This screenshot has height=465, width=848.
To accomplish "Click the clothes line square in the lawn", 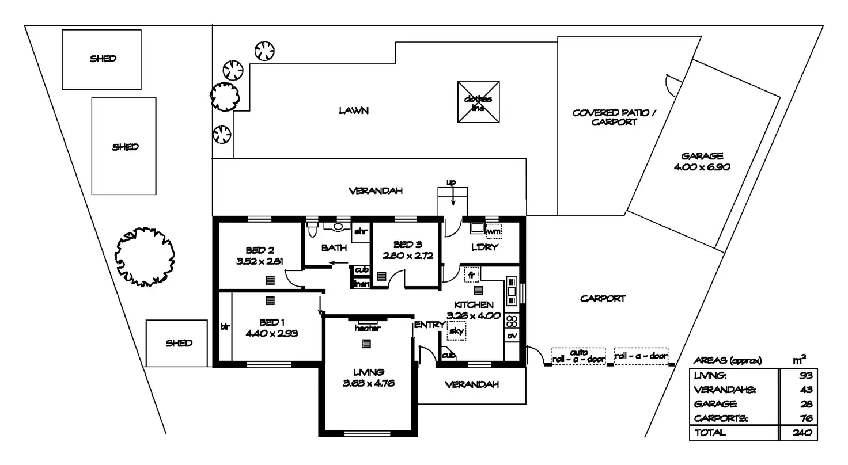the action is pyautogui.click(x=478, y=102).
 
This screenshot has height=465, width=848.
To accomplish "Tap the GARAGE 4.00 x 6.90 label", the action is pyautogui.click(x=702, y=161).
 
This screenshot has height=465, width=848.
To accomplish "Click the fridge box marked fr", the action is pyautogui.click(x=472, y=275).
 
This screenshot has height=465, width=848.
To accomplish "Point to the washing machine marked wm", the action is pyautogui.click(x=494, y=231).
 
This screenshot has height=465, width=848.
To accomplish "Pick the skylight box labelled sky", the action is pyautogui.click(x=456, y=330).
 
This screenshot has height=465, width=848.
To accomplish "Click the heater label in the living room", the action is pyautogui.click(x=367, y=328).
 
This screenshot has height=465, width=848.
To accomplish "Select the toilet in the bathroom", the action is pyautogui.click(x=313, y=230).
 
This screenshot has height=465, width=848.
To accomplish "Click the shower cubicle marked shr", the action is pyautogui.click(x=361, y=232).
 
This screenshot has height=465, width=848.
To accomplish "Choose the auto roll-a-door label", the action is pyautogui.click(x=578, y=356).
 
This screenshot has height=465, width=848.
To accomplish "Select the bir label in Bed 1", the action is pyautogui.click(x=225, y=326).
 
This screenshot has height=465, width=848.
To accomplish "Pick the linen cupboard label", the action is pyautogui.click(x=361, y=284).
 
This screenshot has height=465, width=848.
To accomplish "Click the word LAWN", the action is pyautogui.click(x=353, y=111).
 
